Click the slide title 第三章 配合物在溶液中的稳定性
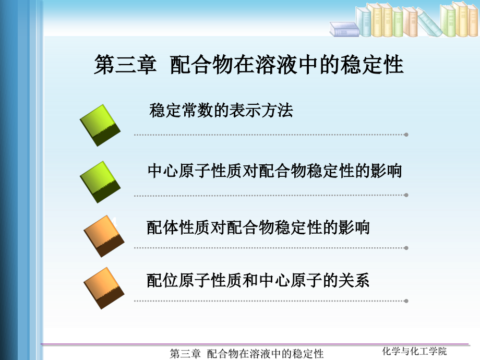click(248, 65)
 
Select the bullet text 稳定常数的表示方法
click(221, 110)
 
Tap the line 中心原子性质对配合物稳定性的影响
click(274, 171)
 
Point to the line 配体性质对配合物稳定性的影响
click(258, 227)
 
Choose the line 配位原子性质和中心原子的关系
click(258, 280)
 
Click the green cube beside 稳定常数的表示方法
click(100, 125)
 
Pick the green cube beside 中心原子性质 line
click(100, 182)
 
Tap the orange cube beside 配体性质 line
click(104, 236)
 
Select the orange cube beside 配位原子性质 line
click(104, 288)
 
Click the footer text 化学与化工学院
click(414, 351)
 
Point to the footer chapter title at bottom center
click(247, 354)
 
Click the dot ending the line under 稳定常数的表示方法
click(406, 135)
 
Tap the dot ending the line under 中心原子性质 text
click(406, 195)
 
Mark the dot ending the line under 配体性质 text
click(406, 248)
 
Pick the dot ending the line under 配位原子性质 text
click(406, 301)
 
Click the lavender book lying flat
click(344, 29)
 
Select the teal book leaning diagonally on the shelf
click(429, 22)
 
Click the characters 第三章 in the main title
click(125, 65)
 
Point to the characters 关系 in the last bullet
click(354, 280)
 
